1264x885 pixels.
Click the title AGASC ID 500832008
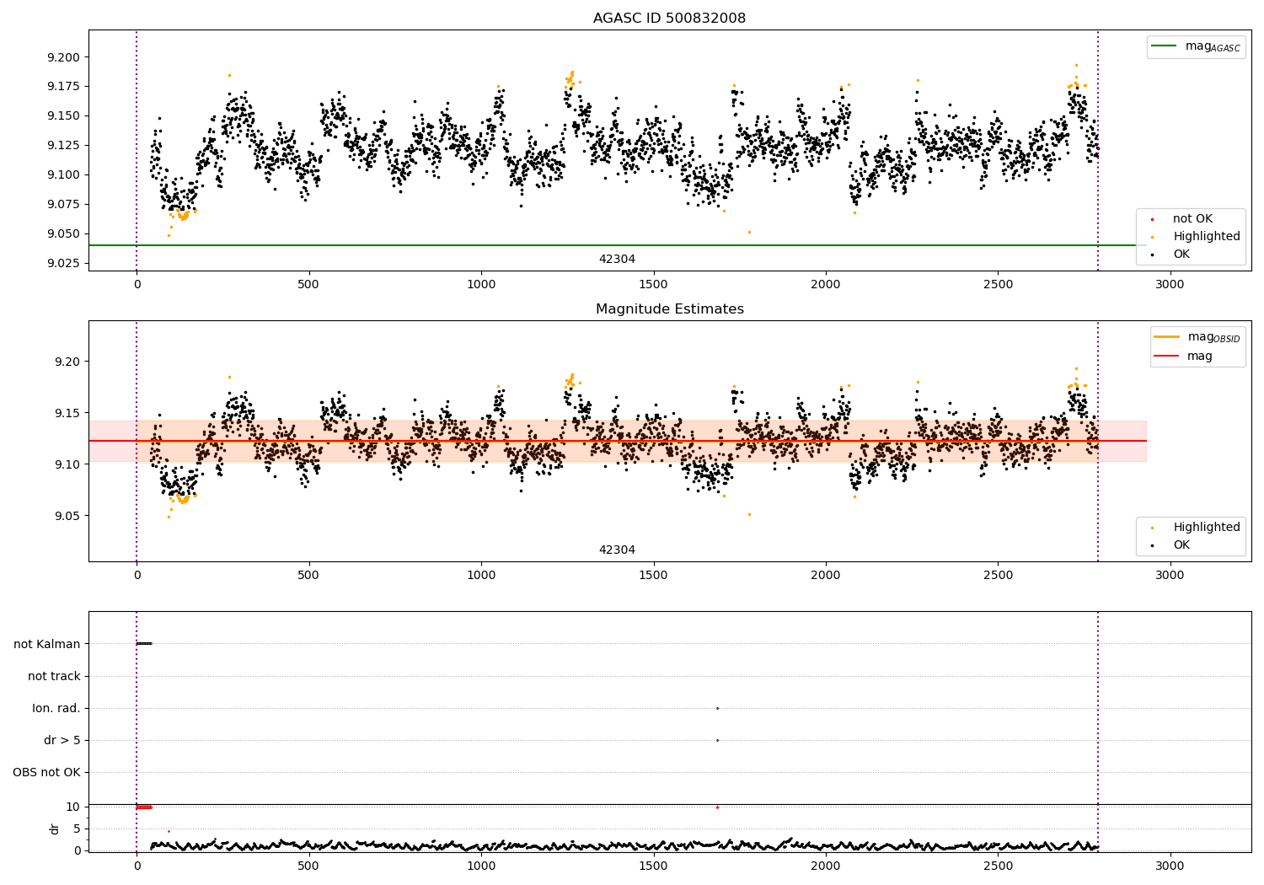669,19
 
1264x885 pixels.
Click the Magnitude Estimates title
669,309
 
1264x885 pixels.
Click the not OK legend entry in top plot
1192,219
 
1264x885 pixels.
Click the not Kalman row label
47,644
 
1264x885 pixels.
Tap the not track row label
54,676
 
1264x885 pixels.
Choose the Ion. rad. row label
56,708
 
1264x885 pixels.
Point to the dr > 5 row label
62,740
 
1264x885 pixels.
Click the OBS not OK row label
46,772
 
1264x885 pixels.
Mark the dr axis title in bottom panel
55,829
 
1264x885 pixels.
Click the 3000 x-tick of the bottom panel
1170,866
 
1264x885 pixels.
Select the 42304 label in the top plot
617,260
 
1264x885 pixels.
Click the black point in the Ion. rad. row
717,708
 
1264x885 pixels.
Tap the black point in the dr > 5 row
717,740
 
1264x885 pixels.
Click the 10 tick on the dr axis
73,807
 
